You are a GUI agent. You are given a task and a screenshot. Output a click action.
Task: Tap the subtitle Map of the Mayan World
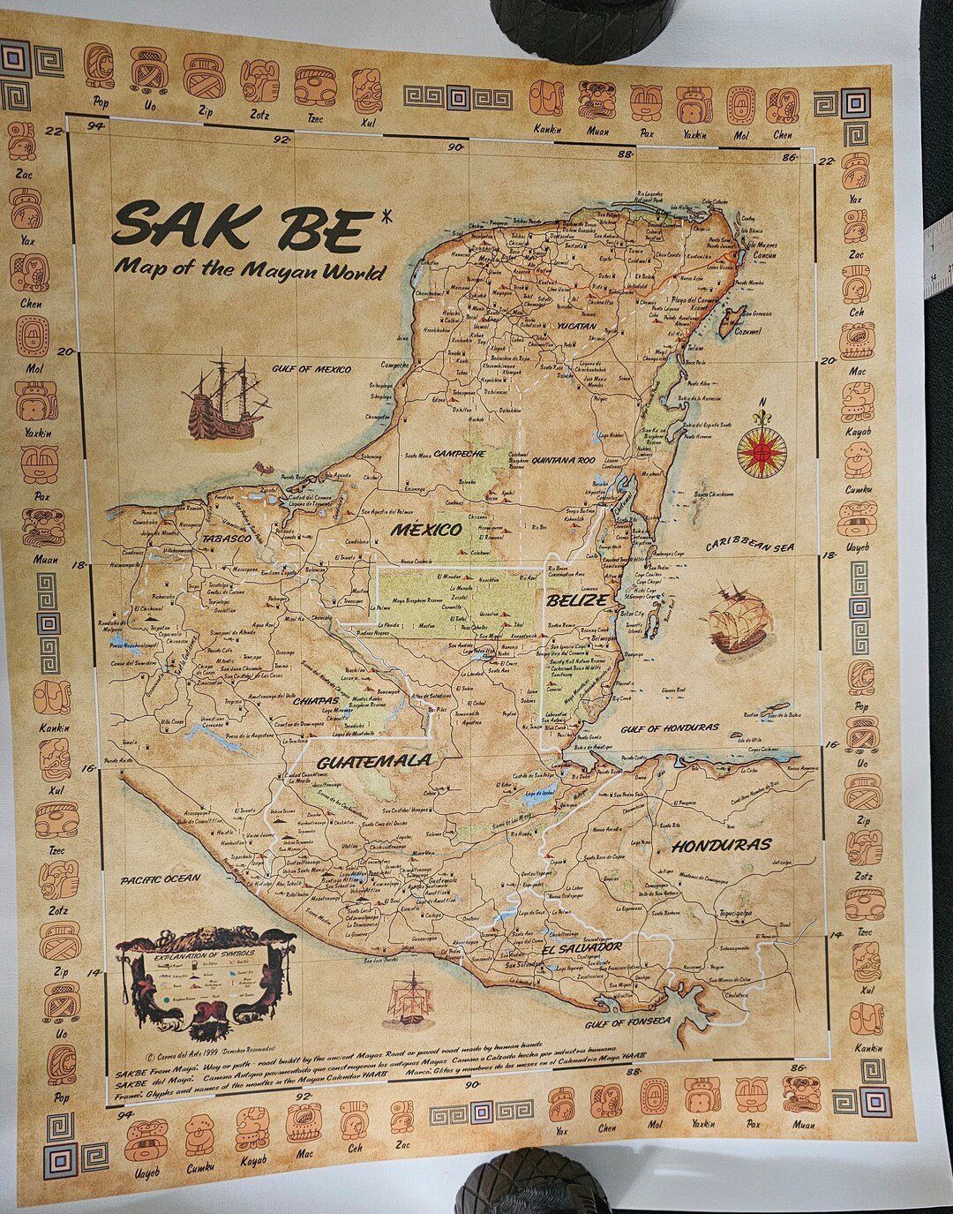pos(249,268)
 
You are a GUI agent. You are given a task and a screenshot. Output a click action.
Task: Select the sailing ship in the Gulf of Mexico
pos(225,396)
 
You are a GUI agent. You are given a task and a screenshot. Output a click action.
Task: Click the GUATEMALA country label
pos(374,761)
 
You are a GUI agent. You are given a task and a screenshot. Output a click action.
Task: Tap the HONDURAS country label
pos(721,845)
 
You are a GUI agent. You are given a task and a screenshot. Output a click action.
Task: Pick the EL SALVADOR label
pos(583,948)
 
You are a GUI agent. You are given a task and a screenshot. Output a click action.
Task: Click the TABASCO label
pos(228,538)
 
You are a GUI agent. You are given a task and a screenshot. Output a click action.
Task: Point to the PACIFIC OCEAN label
pos(161,879)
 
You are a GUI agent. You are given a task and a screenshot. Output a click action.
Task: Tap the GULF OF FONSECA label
pos(628,1022)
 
